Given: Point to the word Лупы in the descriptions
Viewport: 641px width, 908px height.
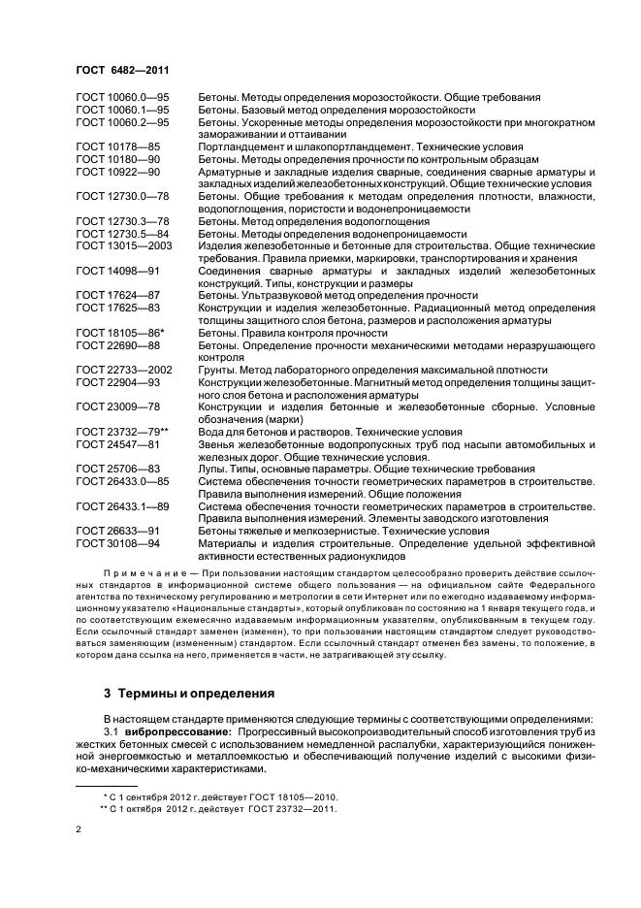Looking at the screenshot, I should [212, 469].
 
